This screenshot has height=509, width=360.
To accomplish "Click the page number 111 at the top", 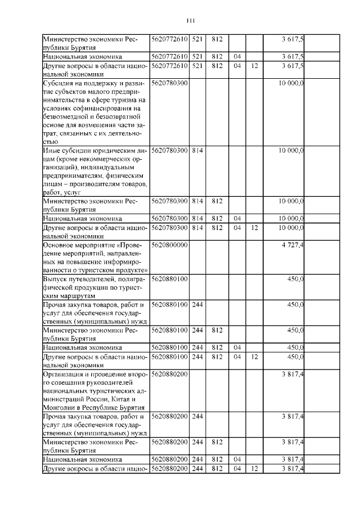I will pyautogui.click(x=190, y=21).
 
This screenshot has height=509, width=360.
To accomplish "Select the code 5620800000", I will pyautogui.click(x=169, y=245).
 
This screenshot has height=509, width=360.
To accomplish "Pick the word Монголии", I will pyautogui.click(x=61, y=407).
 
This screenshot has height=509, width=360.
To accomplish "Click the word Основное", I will pyautogui.click(x=61, y=245).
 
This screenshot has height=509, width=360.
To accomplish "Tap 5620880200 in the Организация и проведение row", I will pyautogui.click(x=169, y=373).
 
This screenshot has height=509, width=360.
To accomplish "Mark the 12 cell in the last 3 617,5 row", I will pyautogui.click(x=255, y=66).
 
